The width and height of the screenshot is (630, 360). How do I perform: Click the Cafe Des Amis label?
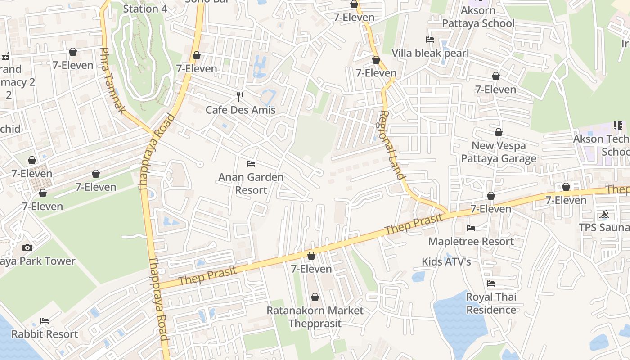[240, 110]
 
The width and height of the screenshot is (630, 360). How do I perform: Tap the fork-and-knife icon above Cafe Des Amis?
[240, 96]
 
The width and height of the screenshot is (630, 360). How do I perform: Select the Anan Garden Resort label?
[251, 184]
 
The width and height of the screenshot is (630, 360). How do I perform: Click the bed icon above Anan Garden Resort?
[251, 164]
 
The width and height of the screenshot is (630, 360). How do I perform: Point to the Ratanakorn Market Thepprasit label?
[315, 317]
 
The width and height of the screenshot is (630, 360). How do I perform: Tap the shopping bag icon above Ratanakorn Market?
[315, 297]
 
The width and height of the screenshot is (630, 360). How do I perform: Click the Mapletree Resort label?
[471, 241]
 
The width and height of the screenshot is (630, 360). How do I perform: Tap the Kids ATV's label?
[446, 261]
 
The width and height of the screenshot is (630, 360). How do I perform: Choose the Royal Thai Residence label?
[491, 303]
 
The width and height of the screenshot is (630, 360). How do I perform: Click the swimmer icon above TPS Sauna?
[604, 214]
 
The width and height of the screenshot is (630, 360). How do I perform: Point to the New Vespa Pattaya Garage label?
[499, 152]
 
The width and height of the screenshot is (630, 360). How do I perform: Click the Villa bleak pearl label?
[430, 53]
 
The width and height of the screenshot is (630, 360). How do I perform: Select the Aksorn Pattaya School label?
[478, 17]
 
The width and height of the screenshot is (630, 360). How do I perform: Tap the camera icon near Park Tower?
[27, 247]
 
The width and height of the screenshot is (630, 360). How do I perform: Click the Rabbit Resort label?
[45, 334]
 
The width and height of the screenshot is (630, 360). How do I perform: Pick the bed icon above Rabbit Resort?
[45, 321]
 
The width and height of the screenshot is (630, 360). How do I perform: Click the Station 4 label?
[145, 9]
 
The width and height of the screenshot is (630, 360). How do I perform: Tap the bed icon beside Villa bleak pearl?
[430, 40]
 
